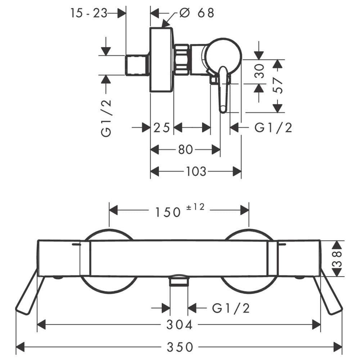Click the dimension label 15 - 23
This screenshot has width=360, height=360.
tap(89, 13)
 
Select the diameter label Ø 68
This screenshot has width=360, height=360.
tap(197, 13)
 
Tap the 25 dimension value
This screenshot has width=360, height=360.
tap(162, 128)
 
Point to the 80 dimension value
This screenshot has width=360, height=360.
tap(185, 150)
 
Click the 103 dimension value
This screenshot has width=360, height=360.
tap(196, 171)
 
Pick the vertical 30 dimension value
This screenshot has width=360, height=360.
tap(260, 71)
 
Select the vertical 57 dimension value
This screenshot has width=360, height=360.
tap(278, 86)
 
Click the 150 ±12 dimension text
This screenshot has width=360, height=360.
tap(180, 210)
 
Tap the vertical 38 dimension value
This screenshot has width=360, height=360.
tap(337, 259)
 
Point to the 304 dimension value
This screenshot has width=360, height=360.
tap(179, 325)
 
